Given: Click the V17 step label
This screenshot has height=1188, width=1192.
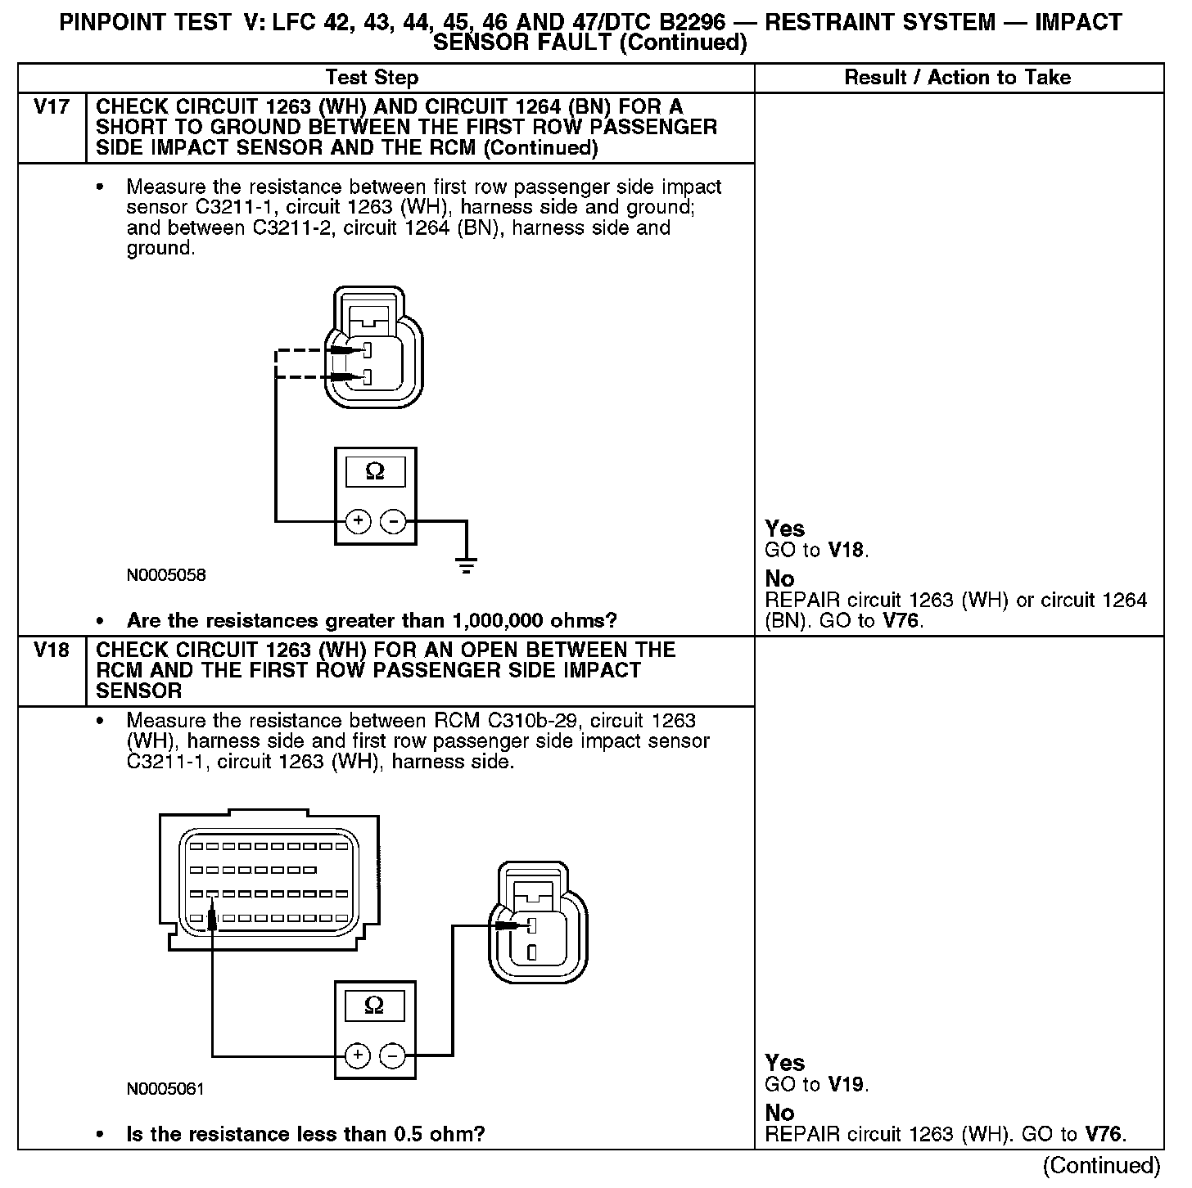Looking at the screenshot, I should (51, 107).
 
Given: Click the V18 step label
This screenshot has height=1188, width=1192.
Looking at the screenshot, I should (51, 650).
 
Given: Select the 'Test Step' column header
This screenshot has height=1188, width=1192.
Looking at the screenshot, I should (372, 78).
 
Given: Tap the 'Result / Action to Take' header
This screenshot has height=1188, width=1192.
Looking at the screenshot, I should (957, 78).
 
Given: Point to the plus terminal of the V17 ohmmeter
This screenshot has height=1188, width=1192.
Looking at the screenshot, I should (358, 520).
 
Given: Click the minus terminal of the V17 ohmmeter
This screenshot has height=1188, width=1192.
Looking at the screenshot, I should (394, 520).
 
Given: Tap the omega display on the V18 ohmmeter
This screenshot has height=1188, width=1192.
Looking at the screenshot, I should (374, 1006).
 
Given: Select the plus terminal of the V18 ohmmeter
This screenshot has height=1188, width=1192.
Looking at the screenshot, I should (357, 1055).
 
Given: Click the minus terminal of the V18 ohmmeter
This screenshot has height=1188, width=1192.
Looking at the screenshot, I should (393, 1055).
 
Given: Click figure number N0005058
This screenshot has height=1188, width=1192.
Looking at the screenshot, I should (166, 575).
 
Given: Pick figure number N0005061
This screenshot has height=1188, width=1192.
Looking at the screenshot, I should (165, 1090).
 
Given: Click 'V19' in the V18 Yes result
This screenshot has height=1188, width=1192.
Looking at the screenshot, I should (847, 1085).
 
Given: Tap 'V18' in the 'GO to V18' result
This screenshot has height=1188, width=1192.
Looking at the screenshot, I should (847, 551).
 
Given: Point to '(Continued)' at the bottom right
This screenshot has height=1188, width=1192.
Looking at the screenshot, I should (1101, 1165).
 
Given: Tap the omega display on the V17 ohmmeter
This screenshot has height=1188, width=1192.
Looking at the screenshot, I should (375, 471).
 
